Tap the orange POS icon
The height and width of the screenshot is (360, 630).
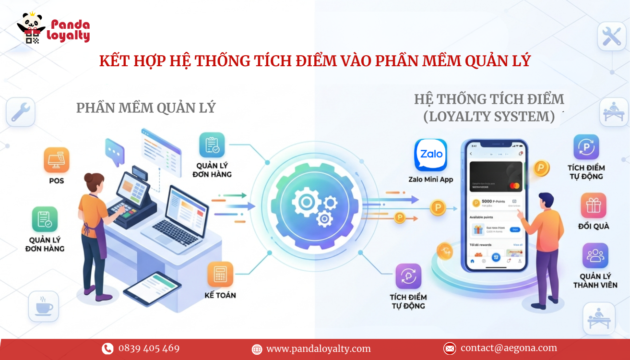tap(56, 160)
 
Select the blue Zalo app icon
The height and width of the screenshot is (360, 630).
tap(430, 155)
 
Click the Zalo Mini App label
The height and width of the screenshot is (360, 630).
tap(430, 180)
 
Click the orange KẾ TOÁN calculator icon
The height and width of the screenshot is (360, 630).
tap(220, 274)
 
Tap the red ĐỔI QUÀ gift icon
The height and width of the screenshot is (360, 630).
tap(594, 205)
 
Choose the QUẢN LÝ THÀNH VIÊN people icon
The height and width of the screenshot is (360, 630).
tap(595, 255)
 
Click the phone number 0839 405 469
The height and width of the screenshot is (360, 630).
tap(149, 348)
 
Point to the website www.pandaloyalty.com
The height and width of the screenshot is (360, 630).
tap(318, 349)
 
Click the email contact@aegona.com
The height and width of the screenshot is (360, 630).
tap(509, 348)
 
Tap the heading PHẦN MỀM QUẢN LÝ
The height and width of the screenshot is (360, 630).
tap(146, 108)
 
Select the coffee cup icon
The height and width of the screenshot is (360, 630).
tap(44, 306)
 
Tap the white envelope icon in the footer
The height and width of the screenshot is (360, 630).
tap(449, 348)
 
